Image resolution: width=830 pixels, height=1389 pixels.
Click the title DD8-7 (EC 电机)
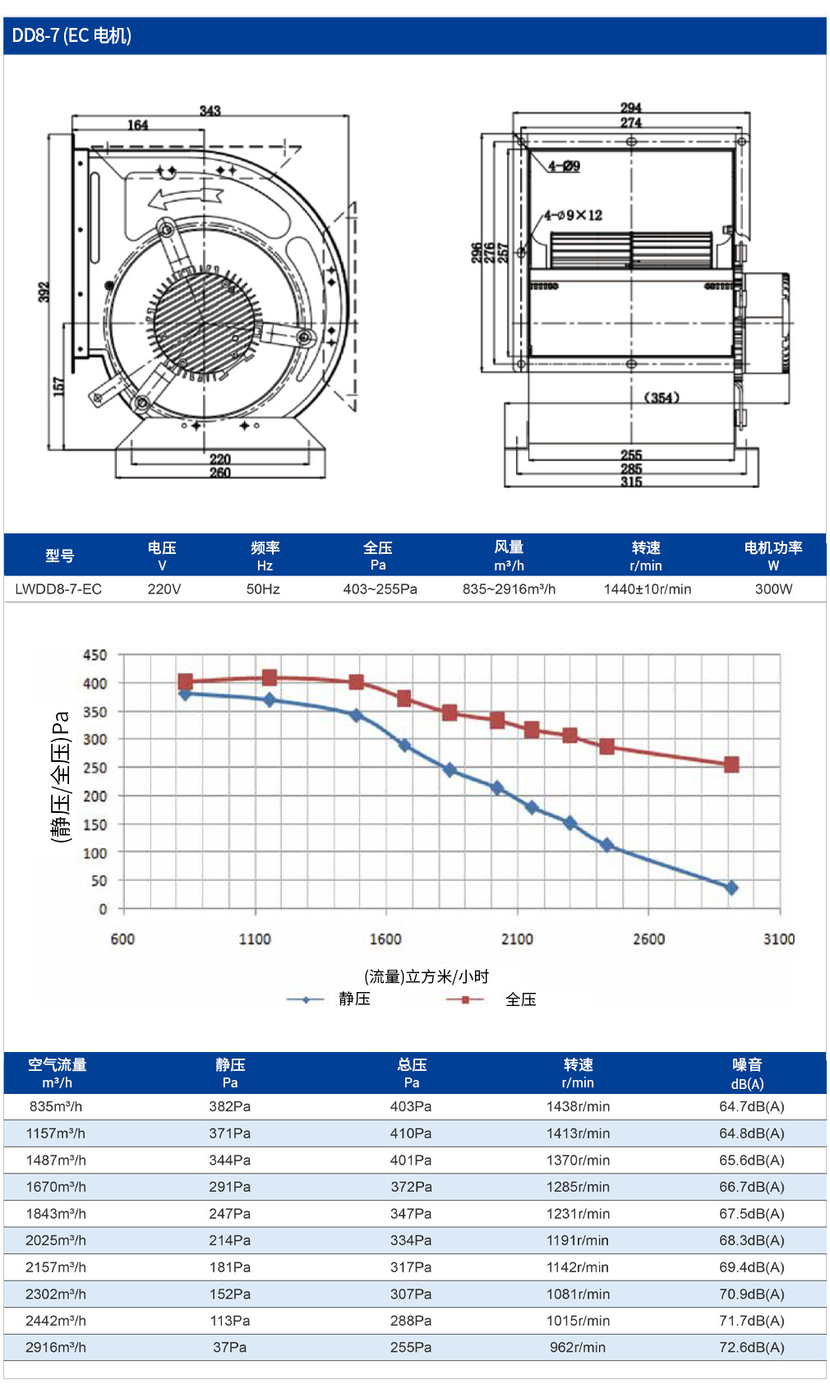click(71, 36)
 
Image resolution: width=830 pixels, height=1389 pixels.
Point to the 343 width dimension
click(210, 110)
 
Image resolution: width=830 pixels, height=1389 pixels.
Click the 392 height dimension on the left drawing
click(44, 292)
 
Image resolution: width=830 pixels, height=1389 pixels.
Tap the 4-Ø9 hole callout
click(564, 166)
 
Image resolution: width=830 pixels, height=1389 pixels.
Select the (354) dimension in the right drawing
click(662, 398)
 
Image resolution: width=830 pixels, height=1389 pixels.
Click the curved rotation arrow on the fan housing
click(185, 197)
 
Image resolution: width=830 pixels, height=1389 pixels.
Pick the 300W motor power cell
click(773, 589)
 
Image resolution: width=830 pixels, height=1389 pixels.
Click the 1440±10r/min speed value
click(647, 589)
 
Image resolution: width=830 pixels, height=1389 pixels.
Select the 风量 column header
click(509, 555)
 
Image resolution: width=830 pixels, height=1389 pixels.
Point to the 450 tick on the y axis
click(95, 655)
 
